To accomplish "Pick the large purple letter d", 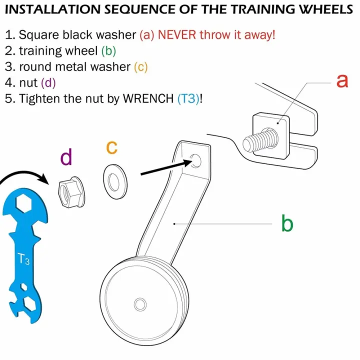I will click(x=66, y=157).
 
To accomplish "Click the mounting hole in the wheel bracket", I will click(x=195, y=161).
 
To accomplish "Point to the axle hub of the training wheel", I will click(x=140, y=303).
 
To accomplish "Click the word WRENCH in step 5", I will click(x=147, y=98).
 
